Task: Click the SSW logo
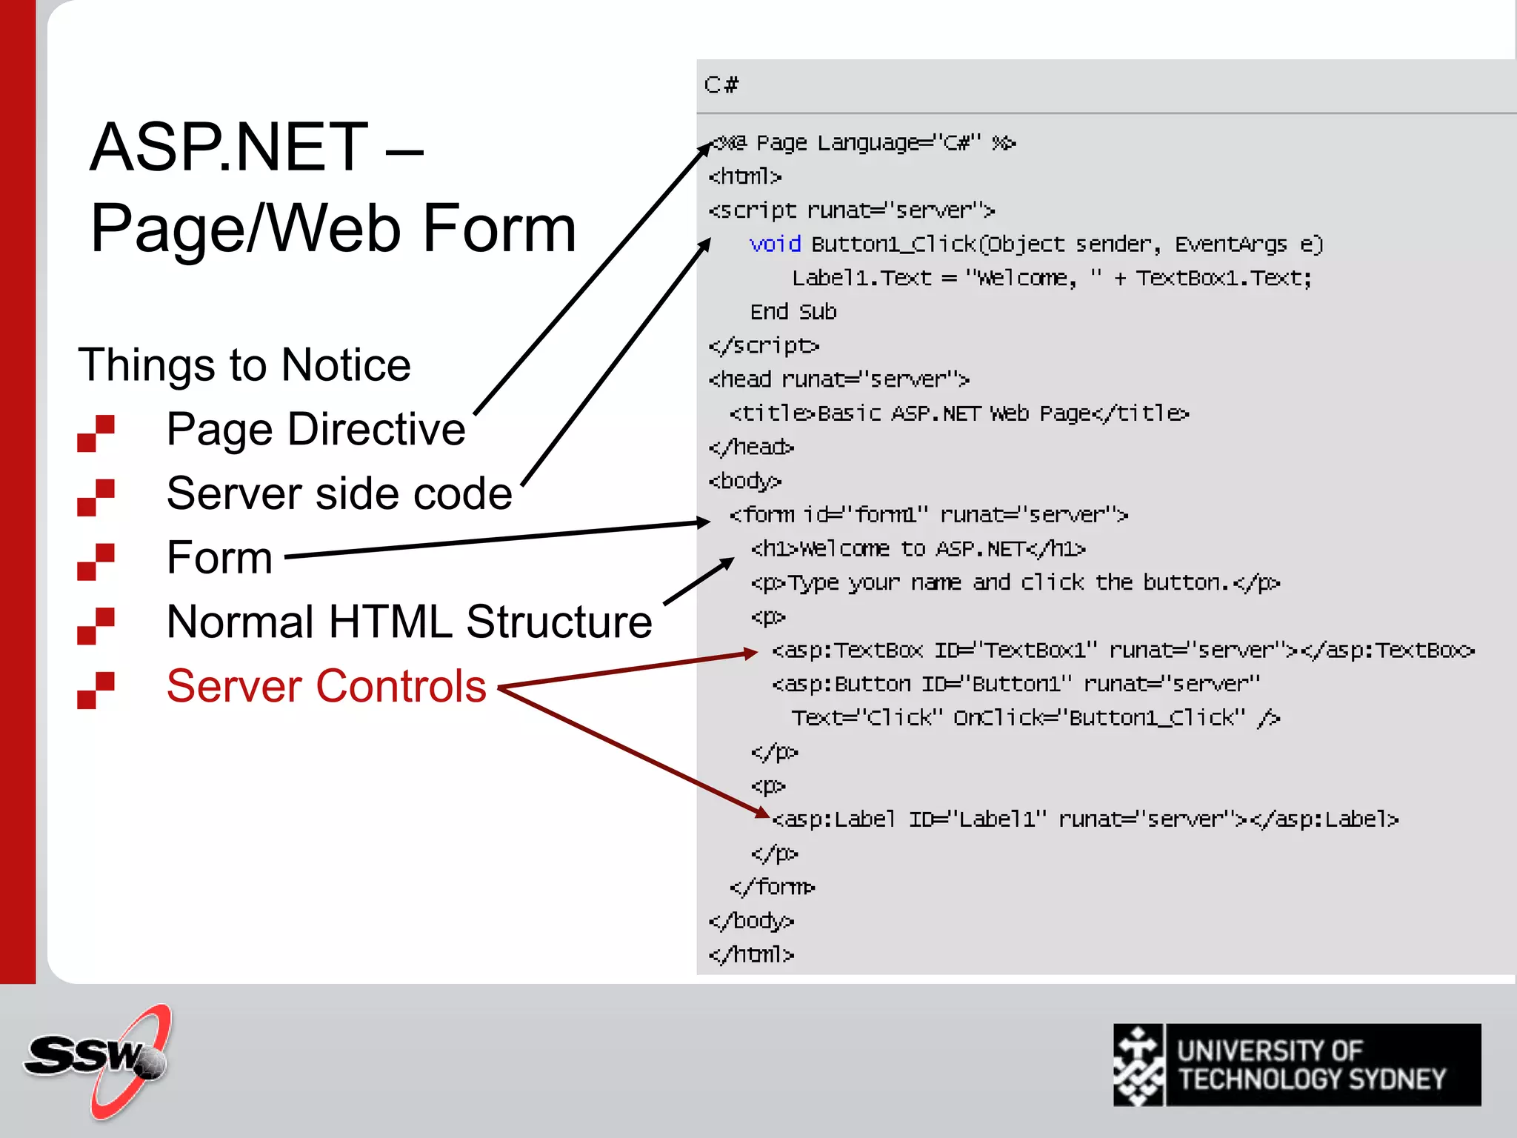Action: click(96, 1061)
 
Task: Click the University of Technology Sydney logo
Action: click(1296, 1065)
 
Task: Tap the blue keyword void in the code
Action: click(775, 244)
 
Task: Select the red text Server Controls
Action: click(327, 686)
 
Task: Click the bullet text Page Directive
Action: click(316, 429)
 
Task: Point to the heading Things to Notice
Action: click(244, 365)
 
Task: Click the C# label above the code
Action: click(721, 85)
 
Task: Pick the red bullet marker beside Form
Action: click(96, 562)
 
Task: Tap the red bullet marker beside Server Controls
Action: click(96, 690)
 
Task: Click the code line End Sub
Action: click(793, 312)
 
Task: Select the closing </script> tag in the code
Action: click(764, 346)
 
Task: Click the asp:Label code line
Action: click(1085, 819)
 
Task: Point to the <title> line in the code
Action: click(959, 413)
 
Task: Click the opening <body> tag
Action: click(745, 482)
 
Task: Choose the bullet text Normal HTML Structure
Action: click(410, 622)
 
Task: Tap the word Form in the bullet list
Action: click(220, 557)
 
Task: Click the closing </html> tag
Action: click(751, 954)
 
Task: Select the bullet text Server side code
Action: click(339, 493)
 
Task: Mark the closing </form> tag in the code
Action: click(772, 887)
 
